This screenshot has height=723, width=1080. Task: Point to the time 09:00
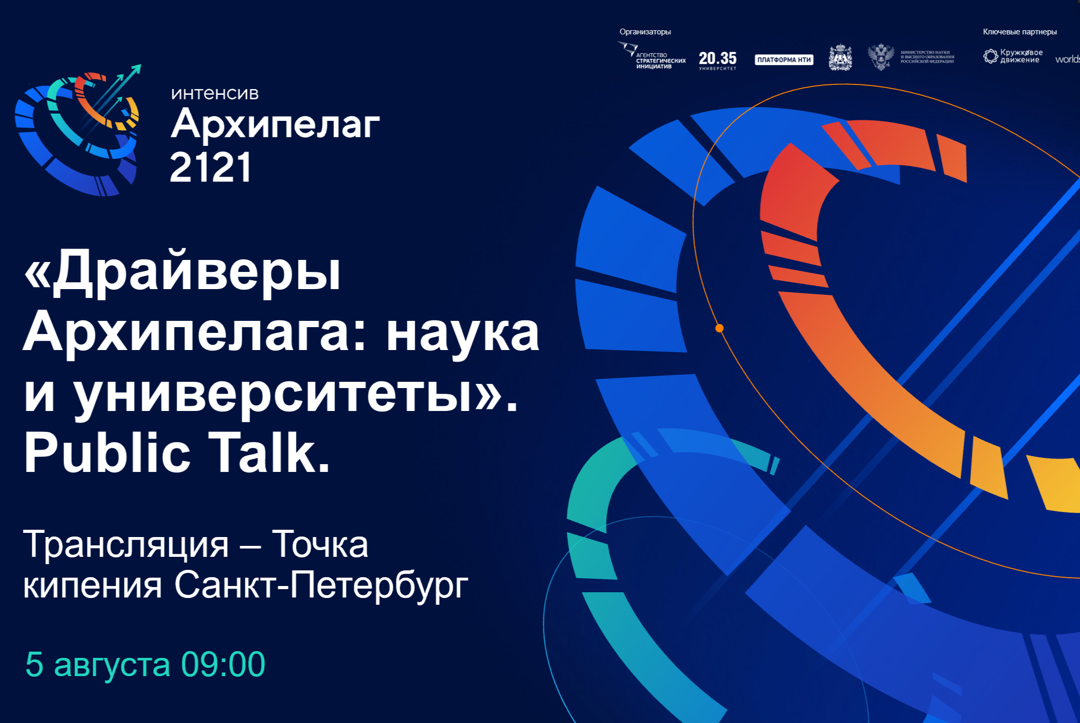(x=223, y=664)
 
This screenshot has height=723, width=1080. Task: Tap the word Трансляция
(x=126, y=545)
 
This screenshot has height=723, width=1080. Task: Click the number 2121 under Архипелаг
(x=210, y=168)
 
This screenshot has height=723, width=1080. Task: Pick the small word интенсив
(x=215, y=94)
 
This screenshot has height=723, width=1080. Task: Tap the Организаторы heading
(x=645, y=32)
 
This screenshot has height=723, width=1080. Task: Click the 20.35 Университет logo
(x=717, y=60)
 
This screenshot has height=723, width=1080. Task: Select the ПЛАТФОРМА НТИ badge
(x=784, y=60)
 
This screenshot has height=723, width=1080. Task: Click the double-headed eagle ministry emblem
(x=880, y=57)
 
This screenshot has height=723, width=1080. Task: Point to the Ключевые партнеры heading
(x=1020, y=32)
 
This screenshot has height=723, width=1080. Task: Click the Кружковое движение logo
(x=1013, y=56)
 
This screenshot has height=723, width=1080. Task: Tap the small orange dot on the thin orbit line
(x=719, y=328)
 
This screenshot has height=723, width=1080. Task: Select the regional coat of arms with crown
(x=840, y=57)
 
